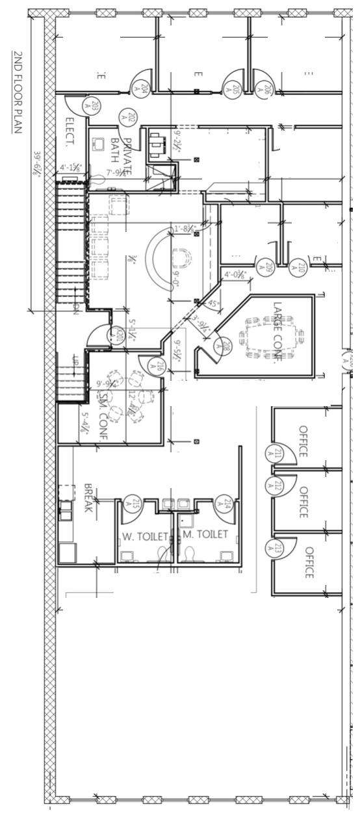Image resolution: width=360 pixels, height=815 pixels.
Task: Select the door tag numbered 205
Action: pos(236,89)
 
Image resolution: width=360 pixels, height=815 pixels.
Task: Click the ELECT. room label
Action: pos(71,129)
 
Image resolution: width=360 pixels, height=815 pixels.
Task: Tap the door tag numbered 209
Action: pos(269,268)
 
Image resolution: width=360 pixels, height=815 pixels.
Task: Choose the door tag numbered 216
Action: pos(159,369)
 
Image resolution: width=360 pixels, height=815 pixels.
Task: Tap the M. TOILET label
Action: pos(205,534)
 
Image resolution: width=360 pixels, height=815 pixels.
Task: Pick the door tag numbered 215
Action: pos(136,504)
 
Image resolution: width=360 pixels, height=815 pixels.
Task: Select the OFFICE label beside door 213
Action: pos(309,562)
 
